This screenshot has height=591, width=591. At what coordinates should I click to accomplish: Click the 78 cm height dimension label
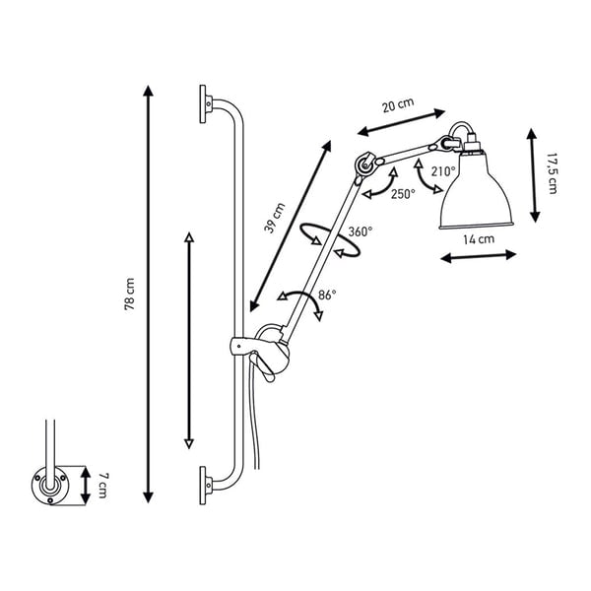129,294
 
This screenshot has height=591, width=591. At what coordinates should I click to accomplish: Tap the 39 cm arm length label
275,219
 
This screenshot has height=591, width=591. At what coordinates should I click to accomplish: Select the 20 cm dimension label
398,104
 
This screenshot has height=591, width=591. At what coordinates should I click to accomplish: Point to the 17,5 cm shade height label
552,173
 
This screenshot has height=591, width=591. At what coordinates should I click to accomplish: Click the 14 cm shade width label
479,239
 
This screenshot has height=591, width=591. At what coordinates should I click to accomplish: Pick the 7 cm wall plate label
102,486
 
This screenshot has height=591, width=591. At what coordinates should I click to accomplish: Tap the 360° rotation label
361,231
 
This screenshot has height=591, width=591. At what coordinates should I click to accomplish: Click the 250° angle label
403,194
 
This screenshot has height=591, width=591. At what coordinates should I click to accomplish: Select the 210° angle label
443,171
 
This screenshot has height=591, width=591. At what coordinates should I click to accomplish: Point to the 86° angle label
327,295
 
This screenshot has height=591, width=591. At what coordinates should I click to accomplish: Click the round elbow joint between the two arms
365,164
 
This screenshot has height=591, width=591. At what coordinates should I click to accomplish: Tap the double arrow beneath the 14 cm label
479,256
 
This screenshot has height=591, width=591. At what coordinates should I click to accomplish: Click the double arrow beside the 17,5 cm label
533,175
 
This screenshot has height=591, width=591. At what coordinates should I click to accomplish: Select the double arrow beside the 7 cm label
86,486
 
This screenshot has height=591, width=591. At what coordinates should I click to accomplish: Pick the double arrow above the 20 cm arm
402,122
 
